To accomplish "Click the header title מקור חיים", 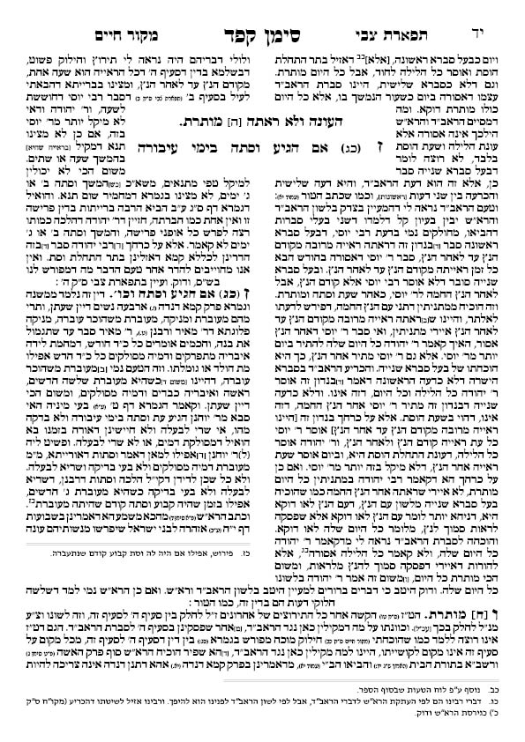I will click(74, 15).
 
